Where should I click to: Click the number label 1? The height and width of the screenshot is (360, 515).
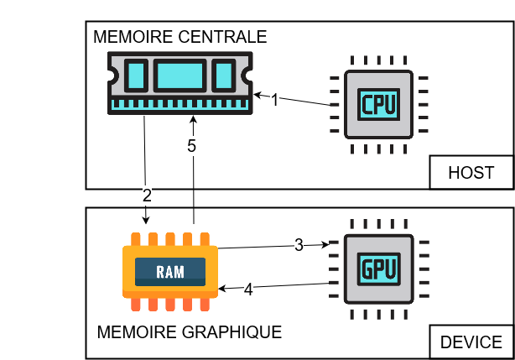coord(274,100)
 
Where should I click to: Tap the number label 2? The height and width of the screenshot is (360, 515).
coord(147,196)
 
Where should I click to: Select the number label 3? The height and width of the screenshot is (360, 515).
coord(299,245)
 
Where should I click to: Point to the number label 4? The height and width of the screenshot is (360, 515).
coord(248,290)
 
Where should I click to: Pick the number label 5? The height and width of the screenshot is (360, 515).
coord(191,146)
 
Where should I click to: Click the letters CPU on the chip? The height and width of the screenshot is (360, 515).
coord(378,105)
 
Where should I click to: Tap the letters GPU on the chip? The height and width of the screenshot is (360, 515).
coord(378,269)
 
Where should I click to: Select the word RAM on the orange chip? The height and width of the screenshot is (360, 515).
coord(170,272)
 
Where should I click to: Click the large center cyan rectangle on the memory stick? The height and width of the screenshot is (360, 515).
coord(179,76)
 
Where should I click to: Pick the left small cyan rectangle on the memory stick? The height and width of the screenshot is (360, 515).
coord(137,76)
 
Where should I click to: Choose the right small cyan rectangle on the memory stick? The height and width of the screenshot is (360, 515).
coord(223,76)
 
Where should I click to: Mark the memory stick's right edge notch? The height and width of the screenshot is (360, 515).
coord(248,76)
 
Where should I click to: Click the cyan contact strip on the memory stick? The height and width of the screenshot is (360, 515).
coord(180,104)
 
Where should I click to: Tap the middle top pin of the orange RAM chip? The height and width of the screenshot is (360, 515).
coord(170,239)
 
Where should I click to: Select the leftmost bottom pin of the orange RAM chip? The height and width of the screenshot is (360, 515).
coord(136,304)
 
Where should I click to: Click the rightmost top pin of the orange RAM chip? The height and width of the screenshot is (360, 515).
coord(205,239)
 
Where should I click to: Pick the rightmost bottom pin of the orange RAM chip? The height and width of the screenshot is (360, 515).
coord(205,304)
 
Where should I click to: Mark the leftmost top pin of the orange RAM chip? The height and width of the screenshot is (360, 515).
coord(136,239)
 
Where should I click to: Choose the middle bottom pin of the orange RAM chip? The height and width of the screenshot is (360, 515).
coord(170,304)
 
